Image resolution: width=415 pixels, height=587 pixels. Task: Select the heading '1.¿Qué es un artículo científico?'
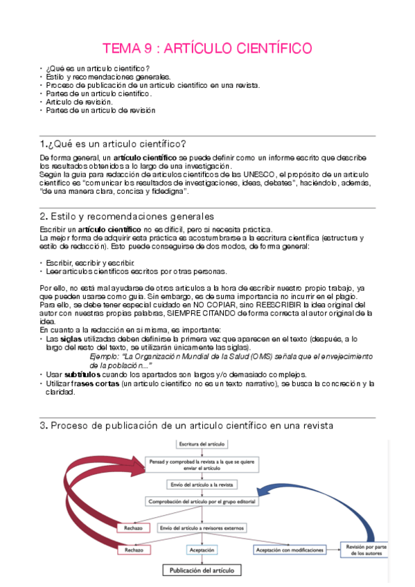coord(113,144)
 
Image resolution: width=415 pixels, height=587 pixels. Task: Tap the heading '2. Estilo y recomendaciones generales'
coord(127,217)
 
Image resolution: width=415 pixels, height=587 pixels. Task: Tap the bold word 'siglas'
coord(71,340)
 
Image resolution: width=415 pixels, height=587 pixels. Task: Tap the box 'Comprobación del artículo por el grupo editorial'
coord(200,500)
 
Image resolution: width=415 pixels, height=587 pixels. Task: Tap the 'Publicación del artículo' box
coord(202,571)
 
